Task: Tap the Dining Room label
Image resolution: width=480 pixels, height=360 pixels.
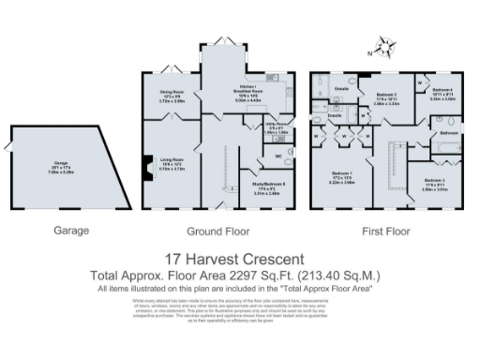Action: [171, 91]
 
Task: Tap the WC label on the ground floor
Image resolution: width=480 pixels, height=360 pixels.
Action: [278, 155]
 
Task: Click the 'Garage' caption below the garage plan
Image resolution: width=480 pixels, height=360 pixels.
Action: [69, 230]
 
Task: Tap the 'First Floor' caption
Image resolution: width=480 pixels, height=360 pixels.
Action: [385, 230]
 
